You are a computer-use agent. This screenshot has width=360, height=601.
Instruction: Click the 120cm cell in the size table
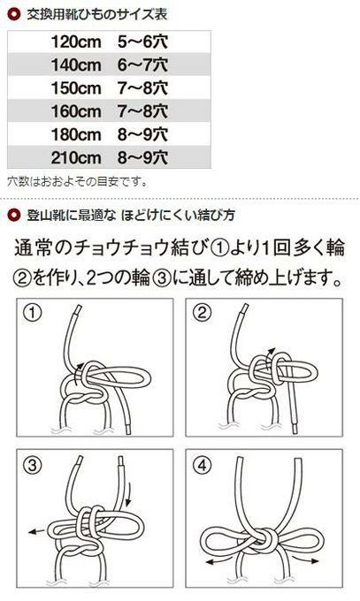(x=76, y=42)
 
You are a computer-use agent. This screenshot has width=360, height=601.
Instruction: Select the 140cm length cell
(x=76, y=65)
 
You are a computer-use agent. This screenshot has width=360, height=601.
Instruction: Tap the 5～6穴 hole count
(x=142, y=42)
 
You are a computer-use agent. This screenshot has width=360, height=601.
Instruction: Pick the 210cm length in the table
(x=76, y=157)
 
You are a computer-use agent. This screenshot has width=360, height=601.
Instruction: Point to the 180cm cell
(x=76, y=134)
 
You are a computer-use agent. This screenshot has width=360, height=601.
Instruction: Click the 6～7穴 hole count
(x=142, y=65)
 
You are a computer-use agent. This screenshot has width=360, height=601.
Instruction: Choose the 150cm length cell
(x=76, y=88)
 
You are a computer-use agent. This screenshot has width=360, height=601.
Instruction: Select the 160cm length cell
(x=76, y=111)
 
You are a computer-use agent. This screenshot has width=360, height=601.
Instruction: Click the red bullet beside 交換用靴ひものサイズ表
(x=14, y=14)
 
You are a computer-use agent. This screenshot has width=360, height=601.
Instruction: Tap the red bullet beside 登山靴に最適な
(x=14, y=215)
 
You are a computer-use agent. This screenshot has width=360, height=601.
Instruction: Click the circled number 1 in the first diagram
(x=32, y=312)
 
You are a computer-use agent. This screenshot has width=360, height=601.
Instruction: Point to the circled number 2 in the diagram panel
(x=202, y=312)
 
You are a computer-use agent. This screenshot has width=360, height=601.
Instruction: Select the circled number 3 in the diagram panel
(x=32, y=465)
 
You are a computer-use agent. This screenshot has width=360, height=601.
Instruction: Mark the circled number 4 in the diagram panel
(x=202, y=465)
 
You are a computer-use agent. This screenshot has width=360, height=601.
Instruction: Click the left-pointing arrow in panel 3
(x=37, y=531)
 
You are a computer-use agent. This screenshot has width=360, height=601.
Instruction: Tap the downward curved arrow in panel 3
(x=130, y=494)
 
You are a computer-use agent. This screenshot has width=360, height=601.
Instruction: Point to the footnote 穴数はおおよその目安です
(x=78, y=181)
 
